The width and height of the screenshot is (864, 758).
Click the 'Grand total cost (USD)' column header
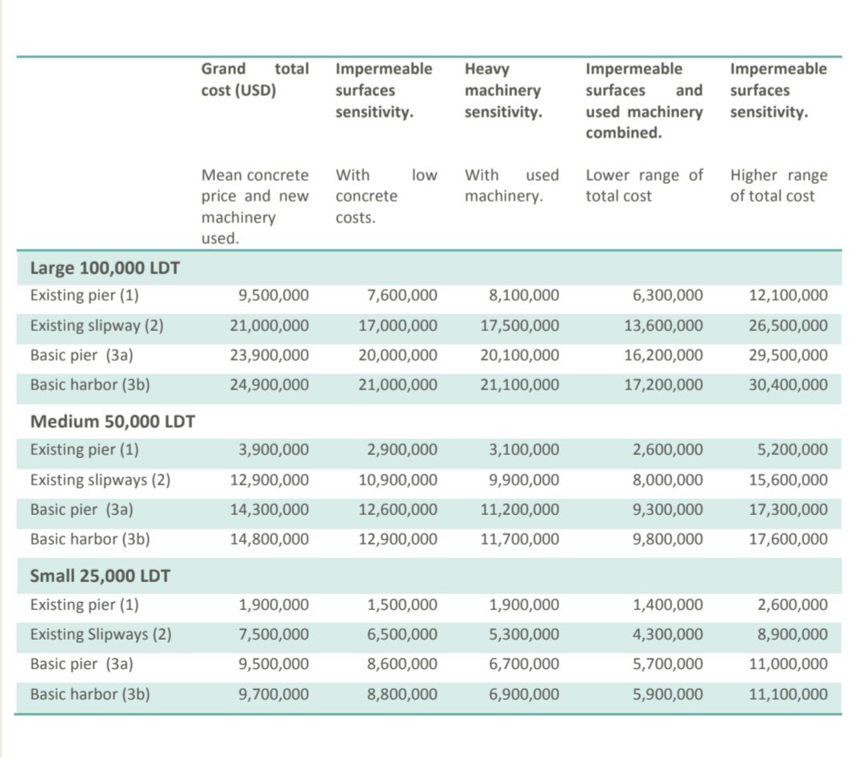254,79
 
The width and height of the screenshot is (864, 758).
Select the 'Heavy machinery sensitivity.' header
503,90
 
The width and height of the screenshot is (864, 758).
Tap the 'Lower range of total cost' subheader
644,186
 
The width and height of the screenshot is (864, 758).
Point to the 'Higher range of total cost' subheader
778,186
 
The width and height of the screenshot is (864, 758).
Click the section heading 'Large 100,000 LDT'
105,267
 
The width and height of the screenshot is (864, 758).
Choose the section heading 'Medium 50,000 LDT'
112,421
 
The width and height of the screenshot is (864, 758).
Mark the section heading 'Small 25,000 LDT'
100,576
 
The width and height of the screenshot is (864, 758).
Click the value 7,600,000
402,296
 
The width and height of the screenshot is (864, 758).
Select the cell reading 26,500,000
788,325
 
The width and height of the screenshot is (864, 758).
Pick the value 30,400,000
788,385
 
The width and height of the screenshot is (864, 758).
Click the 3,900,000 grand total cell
274,450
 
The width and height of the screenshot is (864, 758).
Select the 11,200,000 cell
520,509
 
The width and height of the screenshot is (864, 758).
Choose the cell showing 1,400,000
668,604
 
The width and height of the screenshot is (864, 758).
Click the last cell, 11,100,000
788,694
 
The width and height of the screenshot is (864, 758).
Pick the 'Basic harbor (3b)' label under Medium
90,539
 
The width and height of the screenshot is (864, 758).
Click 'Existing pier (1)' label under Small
84,604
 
